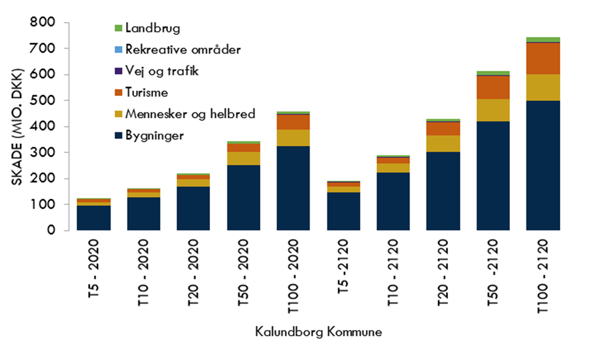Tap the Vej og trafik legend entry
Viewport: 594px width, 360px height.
tap(162, 71)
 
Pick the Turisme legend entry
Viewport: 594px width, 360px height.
tap(146, 92)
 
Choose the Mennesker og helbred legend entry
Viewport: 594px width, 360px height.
tap(184, 114)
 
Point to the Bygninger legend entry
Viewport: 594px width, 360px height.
tap(154, 136)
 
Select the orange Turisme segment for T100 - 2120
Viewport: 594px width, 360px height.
tap(543, 58)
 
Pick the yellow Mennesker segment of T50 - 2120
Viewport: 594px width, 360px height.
tap(493, 110)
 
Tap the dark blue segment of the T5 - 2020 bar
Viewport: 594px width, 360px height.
tap(93, 218)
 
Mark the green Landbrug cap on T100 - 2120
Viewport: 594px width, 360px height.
tap(543, 40)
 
